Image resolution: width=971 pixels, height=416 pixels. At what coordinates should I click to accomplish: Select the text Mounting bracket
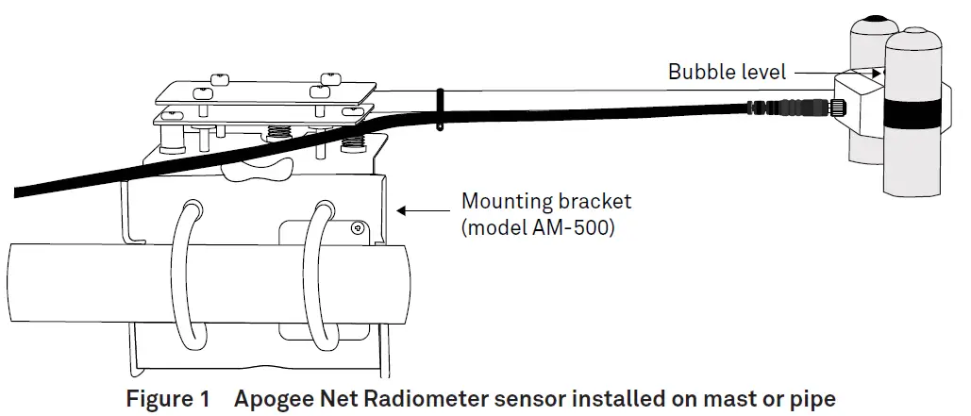click(x=545, y=202)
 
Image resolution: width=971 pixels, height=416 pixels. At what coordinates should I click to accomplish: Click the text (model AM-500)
click(x=537, y=228)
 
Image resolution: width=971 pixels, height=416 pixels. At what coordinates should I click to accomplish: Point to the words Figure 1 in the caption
click(x=168, y=399)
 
